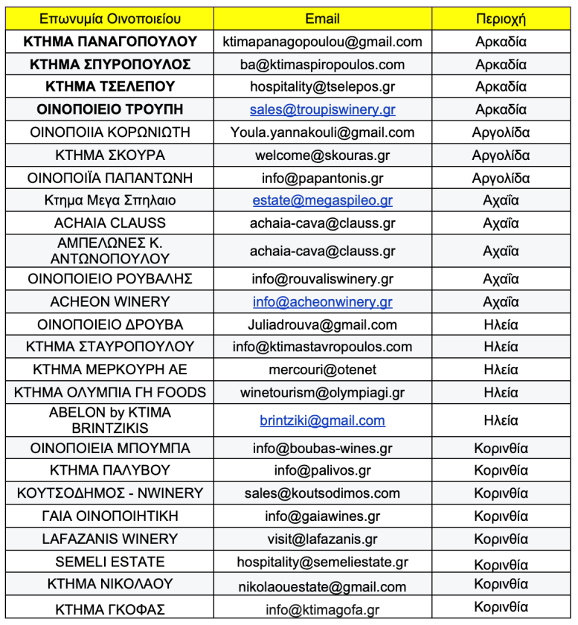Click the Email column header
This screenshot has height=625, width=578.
[322, 19]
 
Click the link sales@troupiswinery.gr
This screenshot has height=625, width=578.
[322, 109]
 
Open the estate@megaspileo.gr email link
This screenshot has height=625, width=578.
[322, 200]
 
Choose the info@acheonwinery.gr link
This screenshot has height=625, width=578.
[322, 301]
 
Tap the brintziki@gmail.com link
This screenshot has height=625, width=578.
[322, 420]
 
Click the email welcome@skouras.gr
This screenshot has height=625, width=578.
[322, 156]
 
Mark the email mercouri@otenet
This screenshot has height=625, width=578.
[322, 369]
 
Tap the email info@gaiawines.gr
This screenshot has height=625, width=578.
[322, 516]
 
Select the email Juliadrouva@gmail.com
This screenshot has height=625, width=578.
[322, 324]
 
